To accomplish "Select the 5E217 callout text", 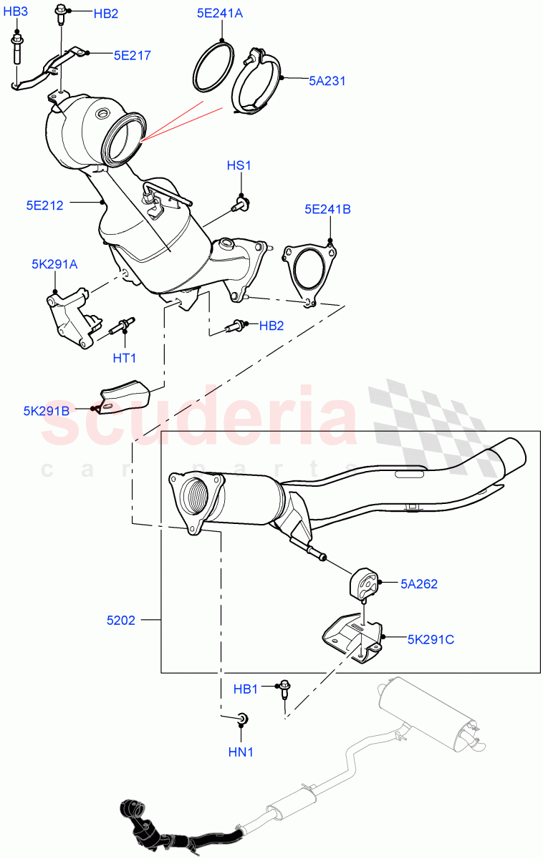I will click(x=132, y=54).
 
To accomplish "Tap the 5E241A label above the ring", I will click(x=221, y=12).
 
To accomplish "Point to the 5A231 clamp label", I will click(x=327, y=81).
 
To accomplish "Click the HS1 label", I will click(x=239, y=166).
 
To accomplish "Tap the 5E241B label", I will click(x=327, y=210).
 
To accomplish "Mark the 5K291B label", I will click(x=46, y=411).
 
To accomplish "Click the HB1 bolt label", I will click(x=246, y=689).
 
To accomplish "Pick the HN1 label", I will click(x=241, y=752).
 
